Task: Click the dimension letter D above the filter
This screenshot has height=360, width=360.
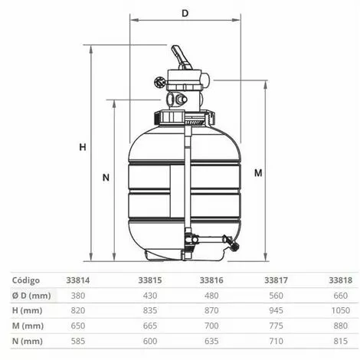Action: pyautogui.click(x=185, y=13)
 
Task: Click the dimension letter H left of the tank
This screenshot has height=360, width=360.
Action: pyautogui.click(x=83, y=147)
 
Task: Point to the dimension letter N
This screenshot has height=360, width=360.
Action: pyautogui.click(x=106, y=178)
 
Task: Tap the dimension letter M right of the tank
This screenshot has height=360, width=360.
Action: pyautogui.click(x=258, y=173)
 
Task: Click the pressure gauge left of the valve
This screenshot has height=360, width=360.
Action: pyautogui.click(x=160, y=82)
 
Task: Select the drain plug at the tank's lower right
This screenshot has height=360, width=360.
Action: pyautogui.click(x=233, y=244)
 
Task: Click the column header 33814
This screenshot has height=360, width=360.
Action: pyautogui.click(x=78, y=280)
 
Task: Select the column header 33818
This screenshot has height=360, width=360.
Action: pyautogui.click(x=340, y=280)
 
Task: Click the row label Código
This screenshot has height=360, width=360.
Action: pyautogui.click(x=26, y=280)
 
